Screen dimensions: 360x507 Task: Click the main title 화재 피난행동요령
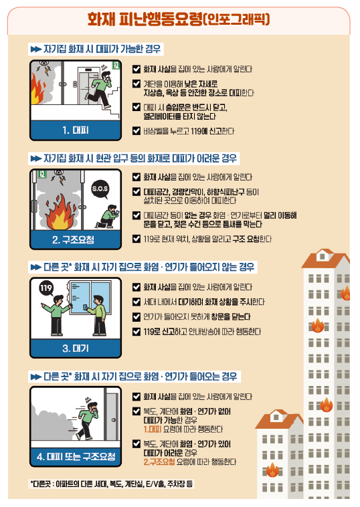[x=145, y=19]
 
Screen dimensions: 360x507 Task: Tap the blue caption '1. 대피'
[x=76, y=130]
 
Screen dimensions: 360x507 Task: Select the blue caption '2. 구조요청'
[x=73, y=239]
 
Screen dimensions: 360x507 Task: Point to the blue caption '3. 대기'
[x=76, y=348]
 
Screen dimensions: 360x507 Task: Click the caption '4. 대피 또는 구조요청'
[x=76, y=456]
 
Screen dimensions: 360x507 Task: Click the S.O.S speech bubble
[x=100, y=189]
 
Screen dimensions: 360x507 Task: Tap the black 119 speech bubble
[x=46, y=288]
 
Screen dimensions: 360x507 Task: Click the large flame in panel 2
[x=60, y=212]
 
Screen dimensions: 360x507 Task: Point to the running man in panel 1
[x=99, y=89]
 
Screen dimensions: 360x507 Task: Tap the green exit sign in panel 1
[x=116, y=66]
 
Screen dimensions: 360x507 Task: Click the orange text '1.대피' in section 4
[x=153, y=429]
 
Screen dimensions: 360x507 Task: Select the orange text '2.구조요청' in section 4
[x=159, y=462]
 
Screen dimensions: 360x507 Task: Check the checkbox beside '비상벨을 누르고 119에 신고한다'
[x=137, y=131]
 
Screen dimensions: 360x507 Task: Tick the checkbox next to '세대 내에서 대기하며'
[x=137, y=302]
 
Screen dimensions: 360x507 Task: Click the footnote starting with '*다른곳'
[x=112, y=484]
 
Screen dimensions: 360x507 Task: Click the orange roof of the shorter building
[x=279, y=419]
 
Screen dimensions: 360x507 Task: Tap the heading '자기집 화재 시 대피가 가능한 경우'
[x=102, y=49]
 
